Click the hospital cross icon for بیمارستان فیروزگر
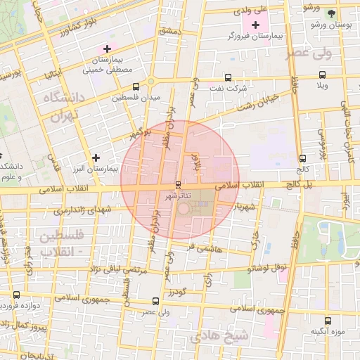[x=256, y=25]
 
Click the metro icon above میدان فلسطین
[x=136, y=87]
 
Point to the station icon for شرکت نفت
[x=227, y=78]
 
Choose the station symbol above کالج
[x=302, y=158]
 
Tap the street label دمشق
[x=170, y=32]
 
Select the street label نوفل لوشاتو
[x=269, y=268]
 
